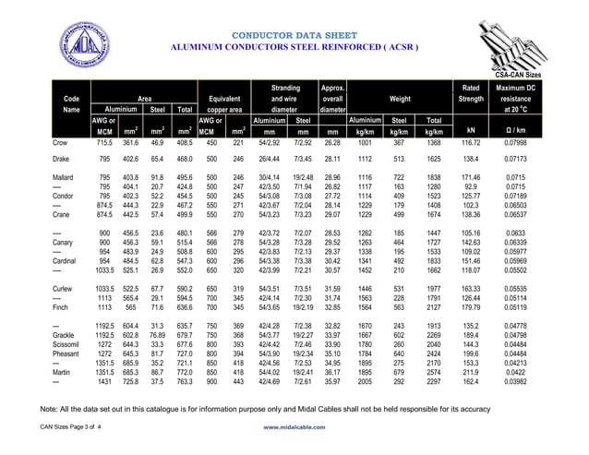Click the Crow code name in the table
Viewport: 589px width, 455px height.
[62, 144]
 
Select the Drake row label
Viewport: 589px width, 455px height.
[63, 159]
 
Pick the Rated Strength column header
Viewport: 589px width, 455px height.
[471, 93]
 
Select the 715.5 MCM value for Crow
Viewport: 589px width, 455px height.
[103, 144]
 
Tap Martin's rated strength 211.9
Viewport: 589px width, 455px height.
[471, 371]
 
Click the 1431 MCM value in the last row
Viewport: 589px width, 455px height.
[103, 380]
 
